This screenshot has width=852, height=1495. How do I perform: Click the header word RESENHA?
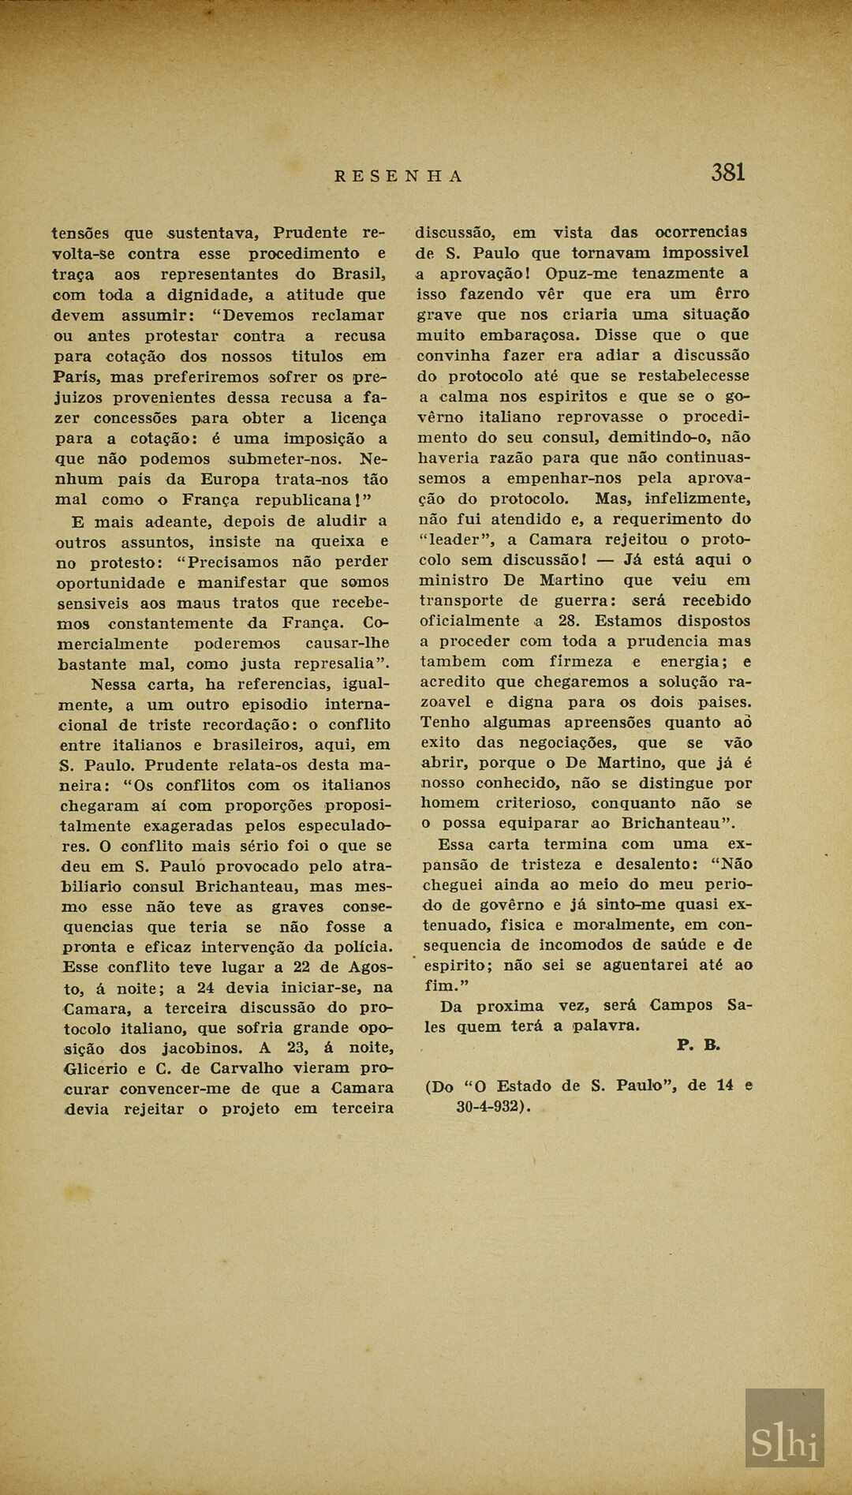point(398,176)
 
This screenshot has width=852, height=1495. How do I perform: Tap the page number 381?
point(727,172)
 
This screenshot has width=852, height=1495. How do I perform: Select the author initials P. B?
point(698,1045)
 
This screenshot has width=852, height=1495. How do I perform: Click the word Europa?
point(230,479)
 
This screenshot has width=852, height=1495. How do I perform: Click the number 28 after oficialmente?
point(568,621)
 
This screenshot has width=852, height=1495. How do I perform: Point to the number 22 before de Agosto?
point(304,966)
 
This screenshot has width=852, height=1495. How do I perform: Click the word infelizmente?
point(697,499)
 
